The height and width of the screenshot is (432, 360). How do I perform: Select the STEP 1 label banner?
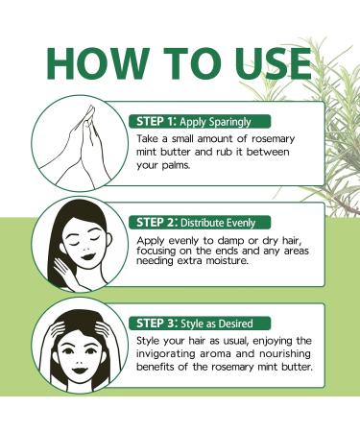point(200,122)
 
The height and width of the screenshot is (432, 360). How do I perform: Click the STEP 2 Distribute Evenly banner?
point(200,223)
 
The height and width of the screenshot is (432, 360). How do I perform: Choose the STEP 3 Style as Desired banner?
point(200,324)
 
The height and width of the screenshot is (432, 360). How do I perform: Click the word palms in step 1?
point(176,166)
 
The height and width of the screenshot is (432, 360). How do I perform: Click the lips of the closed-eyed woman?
point(87,256)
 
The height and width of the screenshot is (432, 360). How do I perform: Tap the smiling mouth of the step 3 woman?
point(79,371)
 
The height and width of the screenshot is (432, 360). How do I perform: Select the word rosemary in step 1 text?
point(273,139)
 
